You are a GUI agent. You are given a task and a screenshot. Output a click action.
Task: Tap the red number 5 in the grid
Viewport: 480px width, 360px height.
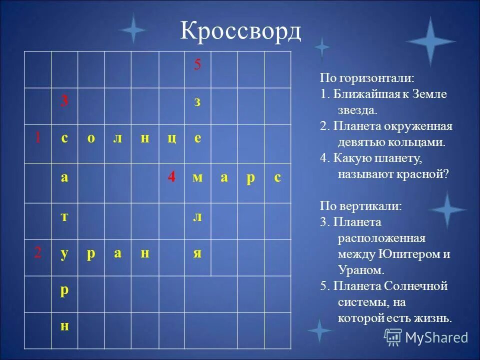197,65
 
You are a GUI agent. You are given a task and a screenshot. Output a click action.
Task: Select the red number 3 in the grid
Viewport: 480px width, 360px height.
64,101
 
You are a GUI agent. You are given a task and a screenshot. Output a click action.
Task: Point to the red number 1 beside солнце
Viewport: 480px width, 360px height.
37,138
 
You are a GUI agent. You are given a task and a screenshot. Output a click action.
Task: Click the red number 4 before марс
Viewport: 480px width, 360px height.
171,177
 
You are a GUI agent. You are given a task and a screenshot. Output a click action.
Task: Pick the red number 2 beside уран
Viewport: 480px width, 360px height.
37,253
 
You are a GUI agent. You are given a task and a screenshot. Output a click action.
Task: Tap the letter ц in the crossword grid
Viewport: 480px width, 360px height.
171,139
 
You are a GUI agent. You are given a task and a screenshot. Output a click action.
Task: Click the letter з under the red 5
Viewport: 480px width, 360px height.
197,102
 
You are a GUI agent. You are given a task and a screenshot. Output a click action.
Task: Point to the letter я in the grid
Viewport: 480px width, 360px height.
197,253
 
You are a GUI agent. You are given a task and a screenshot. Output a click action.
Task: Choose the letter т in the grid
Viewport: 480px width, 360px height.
64,215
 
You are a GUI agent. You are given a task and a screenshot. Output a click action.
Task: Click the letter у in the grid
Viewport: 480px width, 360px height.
64,253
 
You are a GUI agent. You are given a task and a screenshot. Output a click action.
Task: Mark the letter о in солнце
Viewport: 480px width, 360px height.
91,139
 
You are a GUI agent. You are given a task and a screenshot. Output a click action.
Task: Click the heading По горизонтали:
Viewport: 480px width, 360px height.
367,78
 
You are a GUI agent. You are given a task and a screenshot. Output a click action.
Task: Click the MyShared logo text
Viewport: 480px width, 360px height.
436,337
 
